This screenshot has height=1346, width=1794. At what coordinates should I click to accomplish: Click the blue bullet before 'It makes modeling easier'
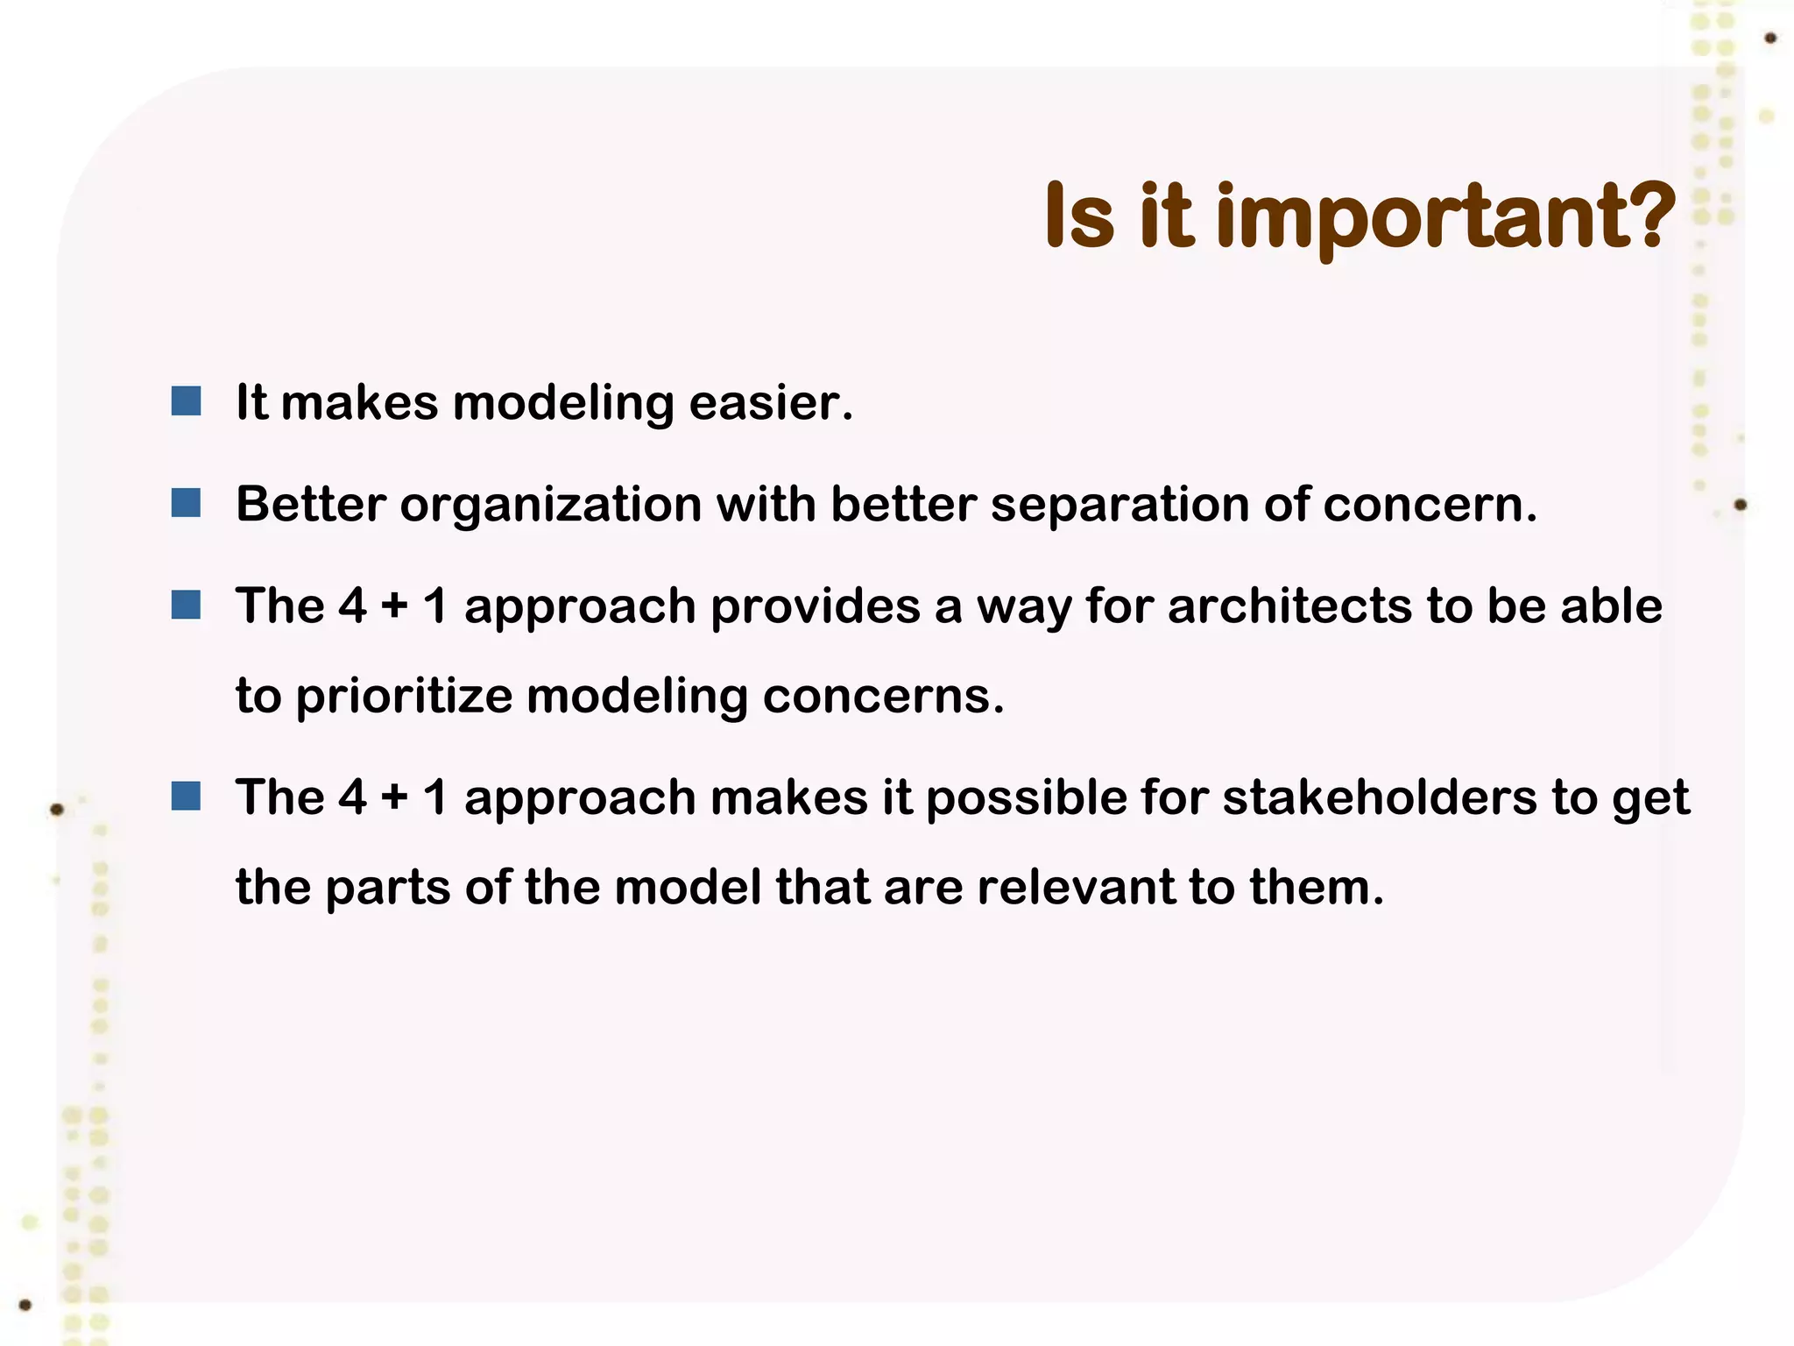[x=186, y=401]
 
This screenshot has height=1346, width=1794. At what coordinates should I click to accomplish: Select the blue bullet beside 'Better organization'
[x=186, y=503]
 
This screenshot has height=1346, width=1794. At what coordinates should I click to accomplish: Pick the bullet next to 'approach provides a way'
[x=186, y=605]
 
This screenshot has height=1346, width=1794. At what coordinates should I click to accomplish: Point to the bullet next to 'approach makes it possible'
[x=186, y=796]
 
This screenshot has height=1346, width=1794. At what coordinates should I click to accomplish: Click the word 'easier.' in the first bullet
[x=771, y=403]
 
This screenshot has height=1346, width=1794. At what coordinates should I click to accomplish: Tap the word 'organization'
[x=551, y=506]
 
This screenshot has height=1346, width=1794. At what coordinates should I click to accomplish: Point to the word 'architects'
[x=1289, y=606]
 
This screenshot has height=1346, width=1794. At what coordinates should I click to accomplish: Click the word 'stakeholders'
[x=1380, y=797]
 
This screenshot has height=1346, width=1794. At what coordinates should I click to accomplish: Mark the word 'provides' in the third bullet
[x=815, y=606]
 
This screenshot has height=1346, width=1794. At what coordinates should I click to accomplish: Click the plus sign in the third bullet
[x=394, y=606]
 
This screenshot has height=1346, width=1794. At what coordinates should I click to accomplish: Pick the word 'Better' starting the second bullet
[x=310, y=505]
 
